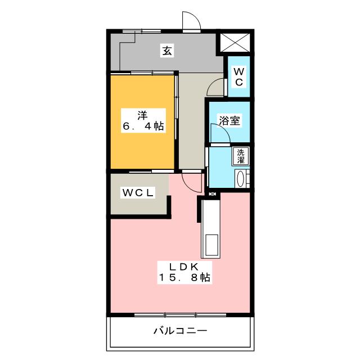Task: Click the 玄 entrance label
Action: [167, 50]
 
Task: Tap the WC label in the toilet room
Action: [238, 76]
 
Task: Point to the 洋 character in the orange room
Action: [142, 115]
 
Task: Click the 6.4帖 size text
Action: [143, 127]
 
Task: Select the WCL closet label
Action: [138, 193]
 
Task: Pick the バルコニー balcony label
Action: [180, 330]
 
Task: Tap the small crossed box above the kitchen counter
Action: [211, 194]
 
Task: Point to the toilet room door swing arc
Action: [215, 88]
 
